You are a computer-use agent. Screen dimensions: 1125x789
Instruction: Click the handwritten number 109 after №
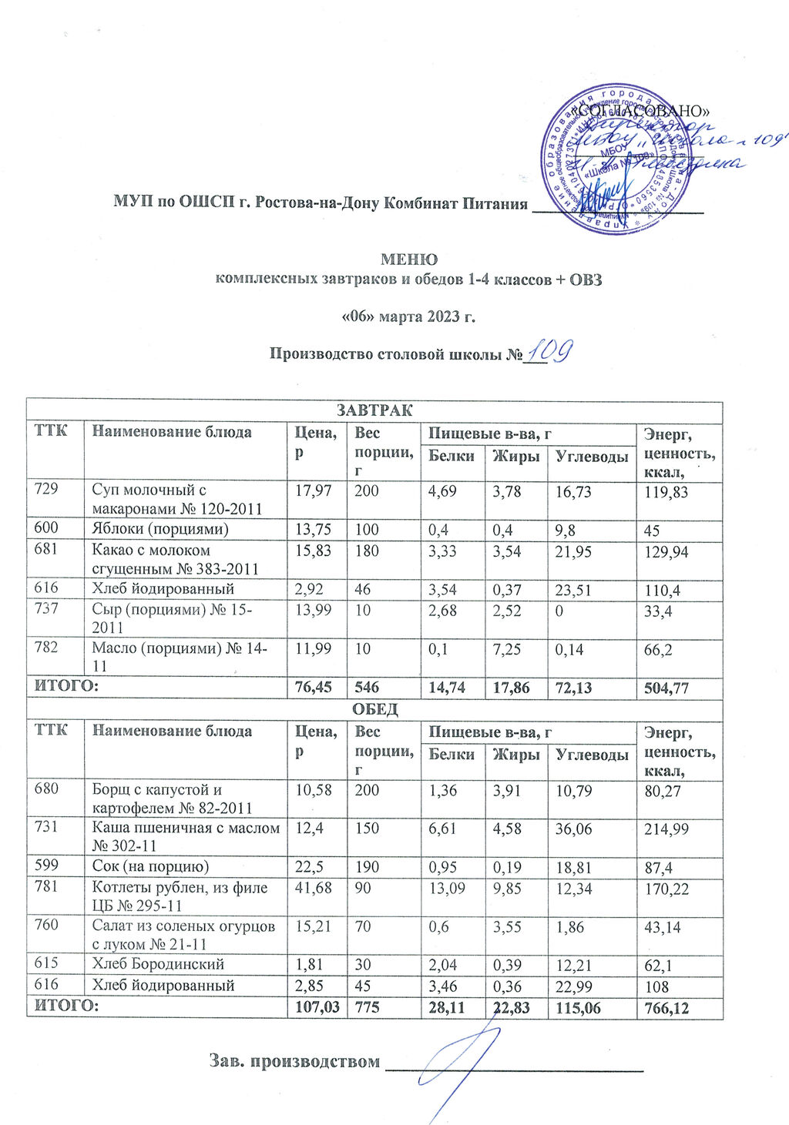pos(548,350)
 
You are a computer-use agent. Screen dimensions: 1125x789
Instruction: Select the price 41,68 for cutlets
pos(312,887)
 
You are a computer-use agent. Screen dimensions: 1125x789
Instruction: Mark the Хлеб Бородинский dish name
pos(158,964)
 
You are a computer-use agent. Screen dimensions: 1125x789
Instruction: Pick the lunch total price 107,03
pos(314,1006)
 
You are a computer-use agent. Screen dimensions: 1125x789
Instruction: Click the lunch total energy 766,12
pos(670,1006)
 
